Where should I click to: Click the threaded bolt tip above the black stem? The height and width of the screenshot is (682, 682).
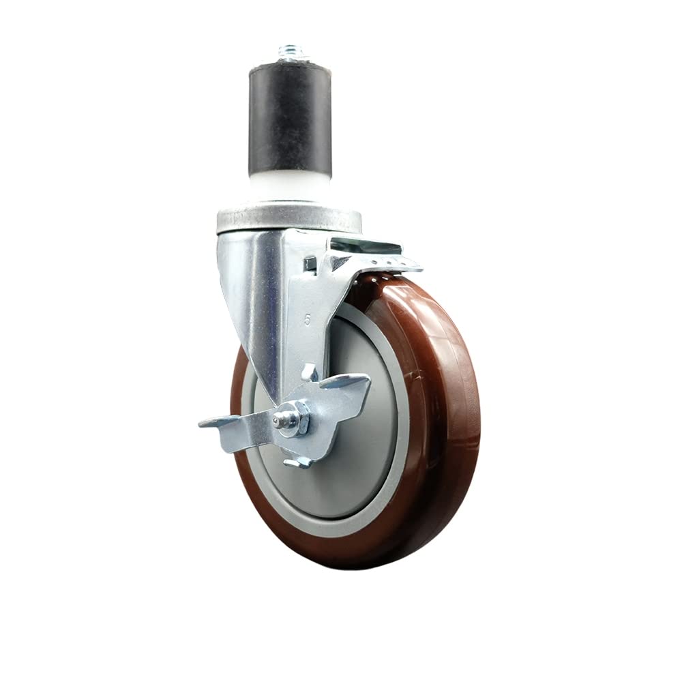(290, 52)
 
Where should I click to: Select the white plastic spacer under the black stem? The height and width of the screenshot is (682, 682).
(290, 184)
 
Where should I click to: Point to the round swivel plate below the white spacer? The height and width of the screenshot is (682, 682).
(290, 218)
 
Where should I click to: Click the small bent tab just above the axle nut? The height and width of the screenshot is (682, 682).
(308, 372)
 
